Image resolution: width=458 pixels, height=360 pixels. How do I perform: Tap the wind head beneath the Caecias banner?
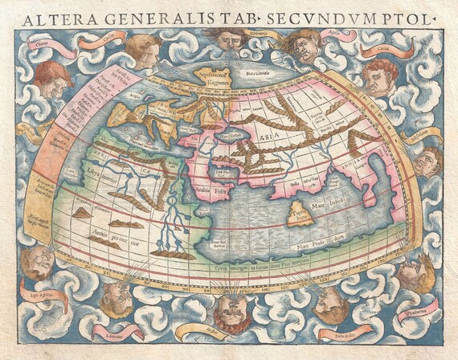(379, 77)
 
